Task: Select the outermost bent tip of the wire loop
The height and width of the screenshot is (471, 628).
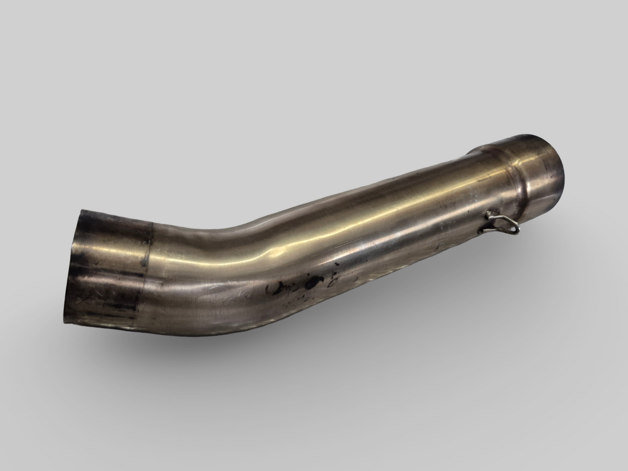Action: [x=517, y=227]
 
